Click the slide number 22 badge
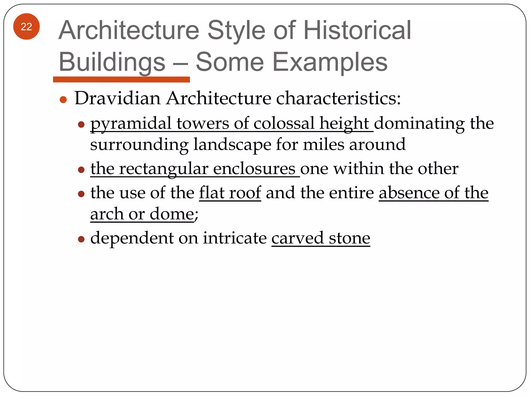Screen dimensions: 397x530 (26, 27)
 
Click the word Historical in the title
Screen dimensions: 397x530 (357, 30)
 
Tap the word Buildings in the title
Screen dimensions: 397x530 (112, 62)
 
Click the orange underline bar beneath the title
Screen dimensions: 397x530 (121, 79)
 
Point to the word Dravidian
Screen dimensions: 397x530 (117, 98)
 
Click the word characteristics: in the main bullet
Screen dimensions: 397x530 (338, 98)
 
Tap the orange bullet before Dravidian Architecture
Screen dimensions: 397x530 (63, 100)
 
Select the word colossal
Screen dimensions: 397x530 (284, 123)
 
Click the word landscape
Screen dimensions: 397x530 (232, 144)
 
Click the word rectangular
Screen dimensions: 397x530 (164, 169)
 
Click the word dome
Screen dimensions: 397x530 (172, 214)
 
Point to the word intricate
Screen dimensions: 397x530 (234, 238)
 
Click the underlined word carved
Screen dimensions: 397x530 (297, 238)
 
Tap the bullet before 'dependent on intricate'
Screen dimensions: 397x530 (81, 239)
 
